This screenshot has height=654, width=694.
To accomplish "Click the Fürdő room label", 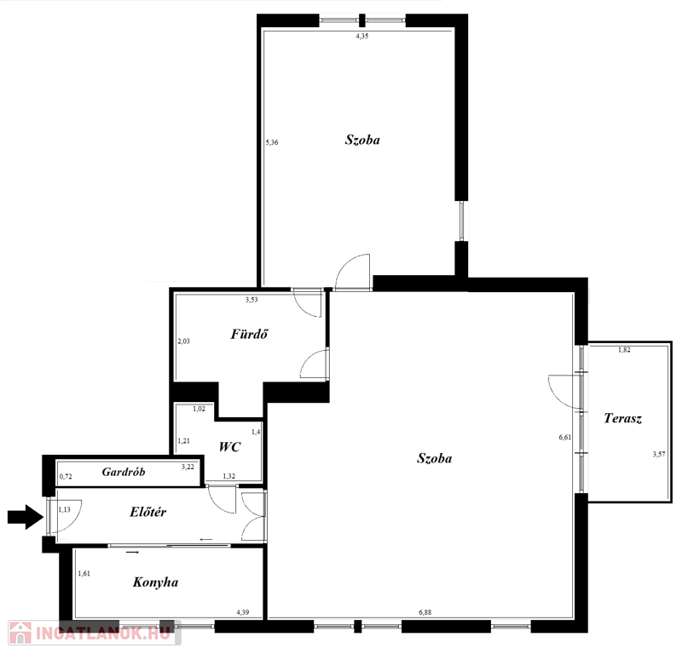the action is [x=249, y=334].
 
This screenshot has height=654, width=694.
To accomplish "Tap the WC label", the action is [x=229, y=446].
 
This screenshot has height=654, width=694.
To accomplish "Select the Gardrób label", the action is [x=124, y=472].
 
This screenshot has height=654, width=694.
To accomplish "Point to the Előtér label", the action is [x=147, y=512].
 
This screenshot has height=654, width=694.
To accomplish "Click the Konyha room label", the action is [x=155, y=582].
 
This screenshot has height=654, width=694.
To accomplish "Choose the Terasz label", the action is [x=622, y=418].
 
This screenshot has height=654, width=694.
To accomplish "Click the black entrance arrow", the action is [x=25, y=517].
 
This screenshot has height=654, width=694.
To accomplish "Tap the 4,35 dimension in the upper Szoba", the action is [x=362, y=37].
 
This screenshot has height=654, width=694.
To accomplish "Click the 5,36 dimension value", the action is [x=272, y=142].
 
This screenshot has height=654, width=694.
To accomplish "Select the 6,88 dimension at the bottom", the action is [x=425, y=612].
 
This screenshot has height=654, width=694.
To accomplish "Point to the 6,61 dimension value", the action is [x=564, y=438].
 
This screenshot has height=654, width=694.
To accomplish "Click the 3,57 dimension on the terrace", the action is [x=658, y=454].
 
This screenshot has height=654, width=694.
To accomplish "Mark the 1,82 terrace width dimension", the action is [x=624, y=350].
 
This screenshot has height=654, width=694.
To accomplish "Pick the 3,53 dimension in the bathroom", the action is [x=252, y=300].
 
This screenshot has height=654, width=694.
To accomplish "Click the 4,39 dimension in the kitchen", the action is [x=242, y=612].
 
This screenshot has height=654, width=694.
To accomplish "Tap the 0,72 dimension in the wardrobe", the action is [x=66, y=477].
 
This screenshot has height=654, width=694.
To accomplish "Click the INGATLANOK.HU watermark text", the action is [x=102, y=634].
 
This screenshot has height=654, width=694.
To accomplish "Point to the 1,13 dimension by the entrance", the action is [x=64, y=509].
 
